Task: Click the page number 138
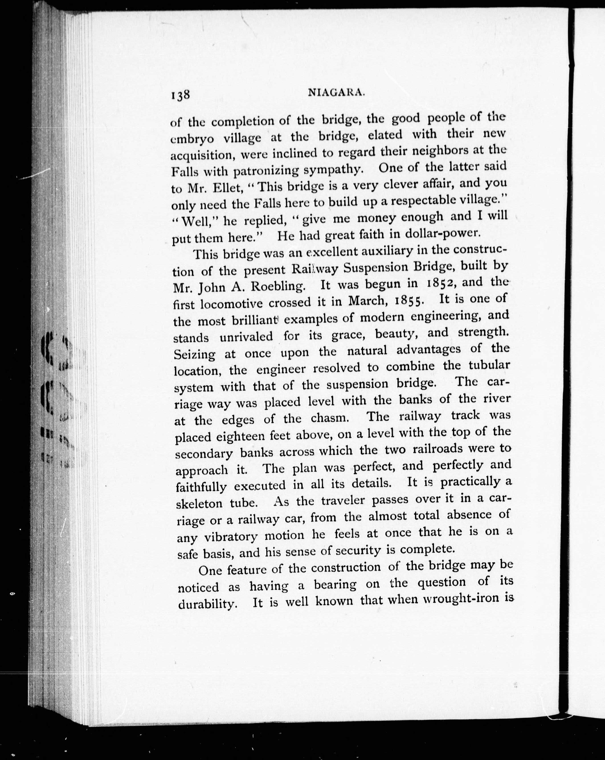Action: (x=180, y=95)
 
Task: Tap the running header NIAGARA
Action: (x=336, y=93)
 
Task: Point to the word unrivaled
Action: (x=246, y=337)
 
